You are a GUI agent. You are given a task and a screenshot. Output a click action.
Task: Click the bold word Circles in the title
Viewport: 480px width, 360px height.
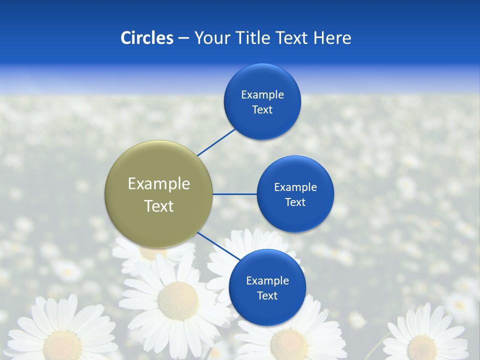click(146, 38)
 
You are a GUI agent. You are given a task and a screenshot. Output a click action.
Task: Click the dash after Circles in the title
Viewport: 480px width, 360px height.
click(183, 38)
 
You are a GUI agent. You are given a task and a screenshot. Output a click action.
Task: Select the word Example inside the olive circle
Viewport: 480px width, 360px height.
click(159, 183)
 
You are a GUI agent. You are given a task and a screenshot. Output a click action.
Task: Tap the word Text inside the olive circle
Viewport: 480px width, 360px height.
click(159, 206)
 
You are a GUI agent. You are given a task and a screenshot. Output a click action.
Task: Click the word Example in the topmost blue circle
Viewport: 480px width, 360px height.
click(262, 94)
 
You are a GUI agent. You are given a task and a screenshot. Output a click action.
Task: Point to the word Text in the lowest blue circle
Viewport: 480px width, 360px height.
click(267, 295)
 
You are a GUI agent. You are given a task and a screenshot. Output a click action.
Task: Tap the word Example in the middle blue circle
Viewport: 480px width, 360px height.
click(295, 187)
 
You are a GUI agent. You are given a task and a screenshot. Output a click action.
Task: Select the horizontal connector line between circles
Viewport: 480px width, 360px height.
click(234, 194)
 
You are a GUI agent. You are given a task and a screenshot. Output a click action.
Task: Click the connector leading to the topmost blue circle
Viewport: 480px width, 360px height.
click(216, 142)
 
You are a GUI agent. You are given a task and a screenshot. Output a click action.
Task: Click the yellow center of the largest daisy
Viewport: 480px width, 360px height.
click(177, 300)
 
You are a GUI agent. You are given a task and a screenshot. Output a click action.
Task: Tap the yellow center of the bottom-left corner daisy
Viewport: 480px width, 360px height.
click(63, 345)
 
